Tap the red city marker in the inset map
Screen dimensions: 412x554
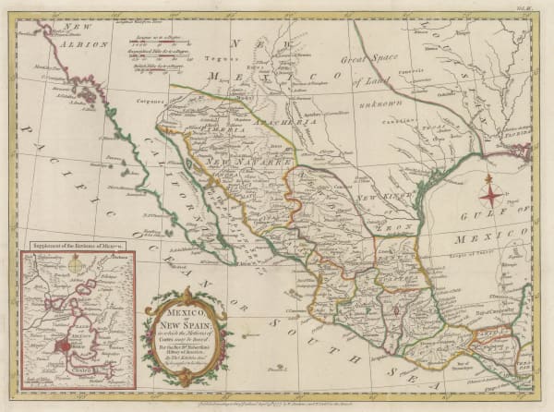point(65,347)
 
